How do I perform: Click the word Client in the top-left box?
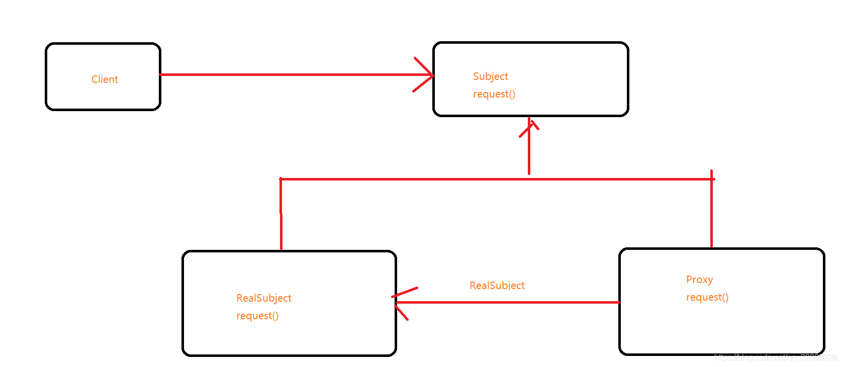click(105, 79)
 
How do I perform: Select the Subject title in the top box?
click(490, 76)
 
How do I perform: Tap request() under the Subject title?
click(494, 94)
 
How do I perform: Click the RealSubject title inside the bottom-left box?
click(264, 298)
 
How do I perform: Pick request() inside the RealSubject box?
click(257, 316)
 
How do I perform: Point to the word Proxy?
click(699, 280)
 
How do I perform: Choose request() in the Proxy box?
click(707, 297)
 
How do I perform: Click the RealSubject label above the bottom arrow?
click(497, 286)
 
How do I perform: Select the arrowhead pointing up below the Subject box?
click(529, 125)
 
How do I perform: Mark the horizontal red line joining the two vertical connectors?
click(402, 179)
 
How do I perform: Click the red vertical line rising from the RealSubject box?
click(281, 216)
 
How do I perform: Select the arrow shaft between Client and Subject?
click(292, 75)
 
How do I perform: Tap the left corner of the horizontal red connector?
click(281, 179)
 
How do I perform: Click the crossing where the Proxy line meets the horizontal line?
click(711, 178)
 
